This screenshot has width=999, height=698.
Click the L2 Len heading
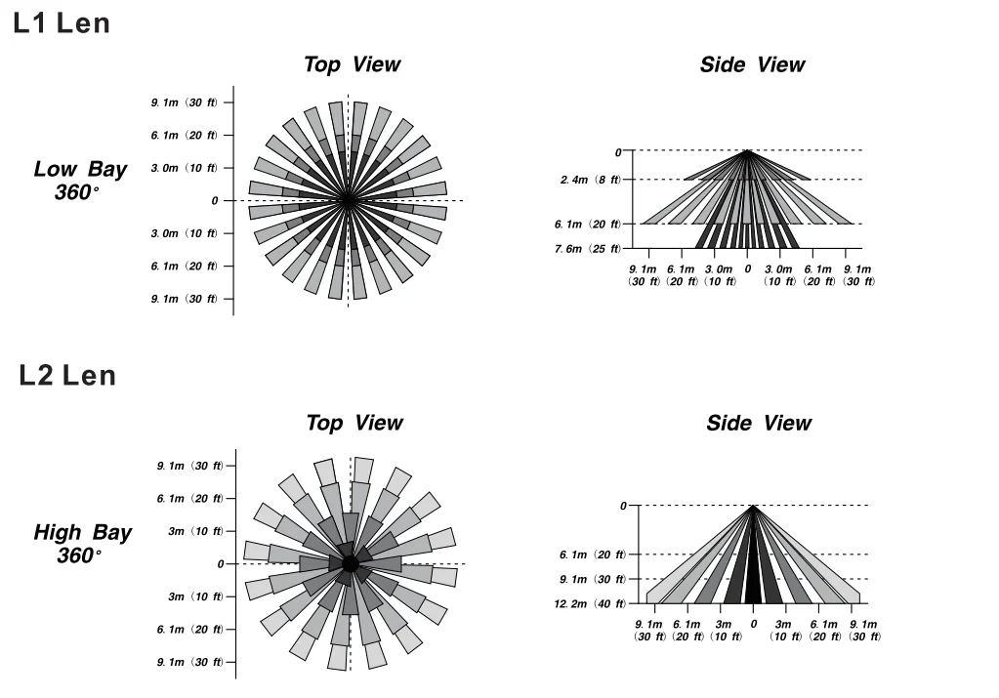67,376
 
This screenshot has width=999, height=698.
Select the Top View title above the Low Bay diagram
352,65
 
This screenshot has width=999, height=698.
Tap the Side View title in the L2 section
758,424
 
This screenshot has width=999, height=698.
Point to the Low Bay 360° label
80,180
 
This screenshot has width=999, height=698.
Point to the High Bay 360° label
82,544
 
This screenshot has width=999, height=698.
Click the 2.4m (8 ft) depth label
590,180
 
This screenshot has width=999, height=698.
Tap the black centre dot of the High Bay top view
350,563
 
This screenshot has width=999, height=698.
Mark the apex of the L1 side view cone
747,151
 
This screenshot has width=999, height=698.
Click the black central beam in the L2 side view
753,571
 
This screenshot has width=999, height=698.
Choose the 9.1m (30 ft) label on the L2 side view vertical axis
592,579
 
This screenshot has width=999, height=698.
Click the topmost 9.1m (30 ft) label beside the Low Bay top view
185,103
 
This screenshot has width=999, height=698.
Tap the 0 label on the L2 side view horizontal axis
753,624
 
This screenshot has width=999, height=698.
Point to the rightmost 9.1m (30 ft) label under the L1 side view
857,274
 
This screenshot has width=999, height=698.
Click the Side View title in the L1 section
752,65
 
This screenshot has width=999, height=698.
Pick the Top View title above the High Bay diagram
354,424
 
